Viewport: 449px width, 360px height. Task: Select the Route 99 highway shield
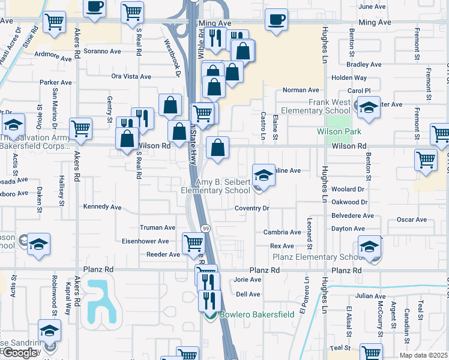point(205,229)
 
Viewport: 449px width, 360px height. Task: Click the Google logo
point(20,353)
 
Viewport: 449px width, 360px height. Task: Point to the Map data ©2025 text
point(423,355)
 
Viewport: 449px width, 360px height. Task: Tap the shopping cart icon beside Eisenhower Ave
point(193,243)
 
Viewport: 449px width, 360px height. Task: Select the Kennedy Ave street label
point(103,207)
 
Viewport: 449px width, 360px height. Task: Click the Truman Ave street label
point(157,228)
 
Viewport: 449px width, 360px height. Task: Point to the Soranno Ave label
point(103,51)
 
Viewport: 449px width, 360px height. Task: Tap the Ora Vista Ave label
point(131,76)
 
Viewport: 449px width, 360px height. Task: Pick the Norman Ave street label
point(301,90)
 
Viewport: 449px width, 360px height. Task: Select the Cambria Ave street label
point(282,232)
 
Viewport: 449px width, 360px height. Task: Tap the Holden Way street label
point(349,78)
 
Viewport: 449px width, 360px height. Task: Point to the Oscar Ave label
point(411,220)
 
